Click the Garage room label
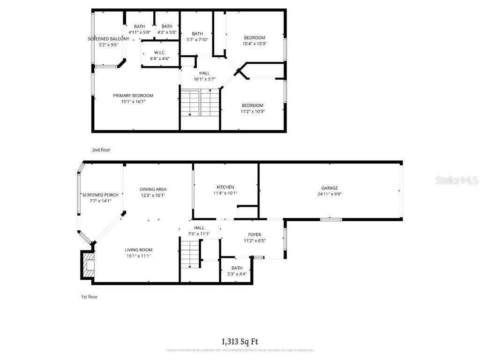(x=329, y=188)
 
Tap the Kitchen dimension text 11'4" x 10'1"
(x=225, y=193)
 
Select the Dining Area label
(x=153, y=189)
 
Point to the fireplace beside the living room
(x=88, y=265)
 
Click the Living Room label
(x=138, y=250)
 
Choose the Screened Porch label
(x=100, y=195)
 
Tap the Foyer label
(x=255, y=235)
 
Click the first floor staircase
(x=190, y=254)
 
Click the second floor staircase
(x=200, y=102)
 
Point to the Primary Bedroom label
(x=133, y=96)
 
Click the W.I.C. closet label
(x=159, y=52)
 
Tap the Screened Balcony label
(x=108, y=39)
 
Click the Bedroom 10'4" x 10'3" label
(x=255, y=38)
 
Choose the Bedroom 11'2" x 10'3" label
(x=252, y=105)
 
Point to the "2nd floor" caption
(x=101, y=150)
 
